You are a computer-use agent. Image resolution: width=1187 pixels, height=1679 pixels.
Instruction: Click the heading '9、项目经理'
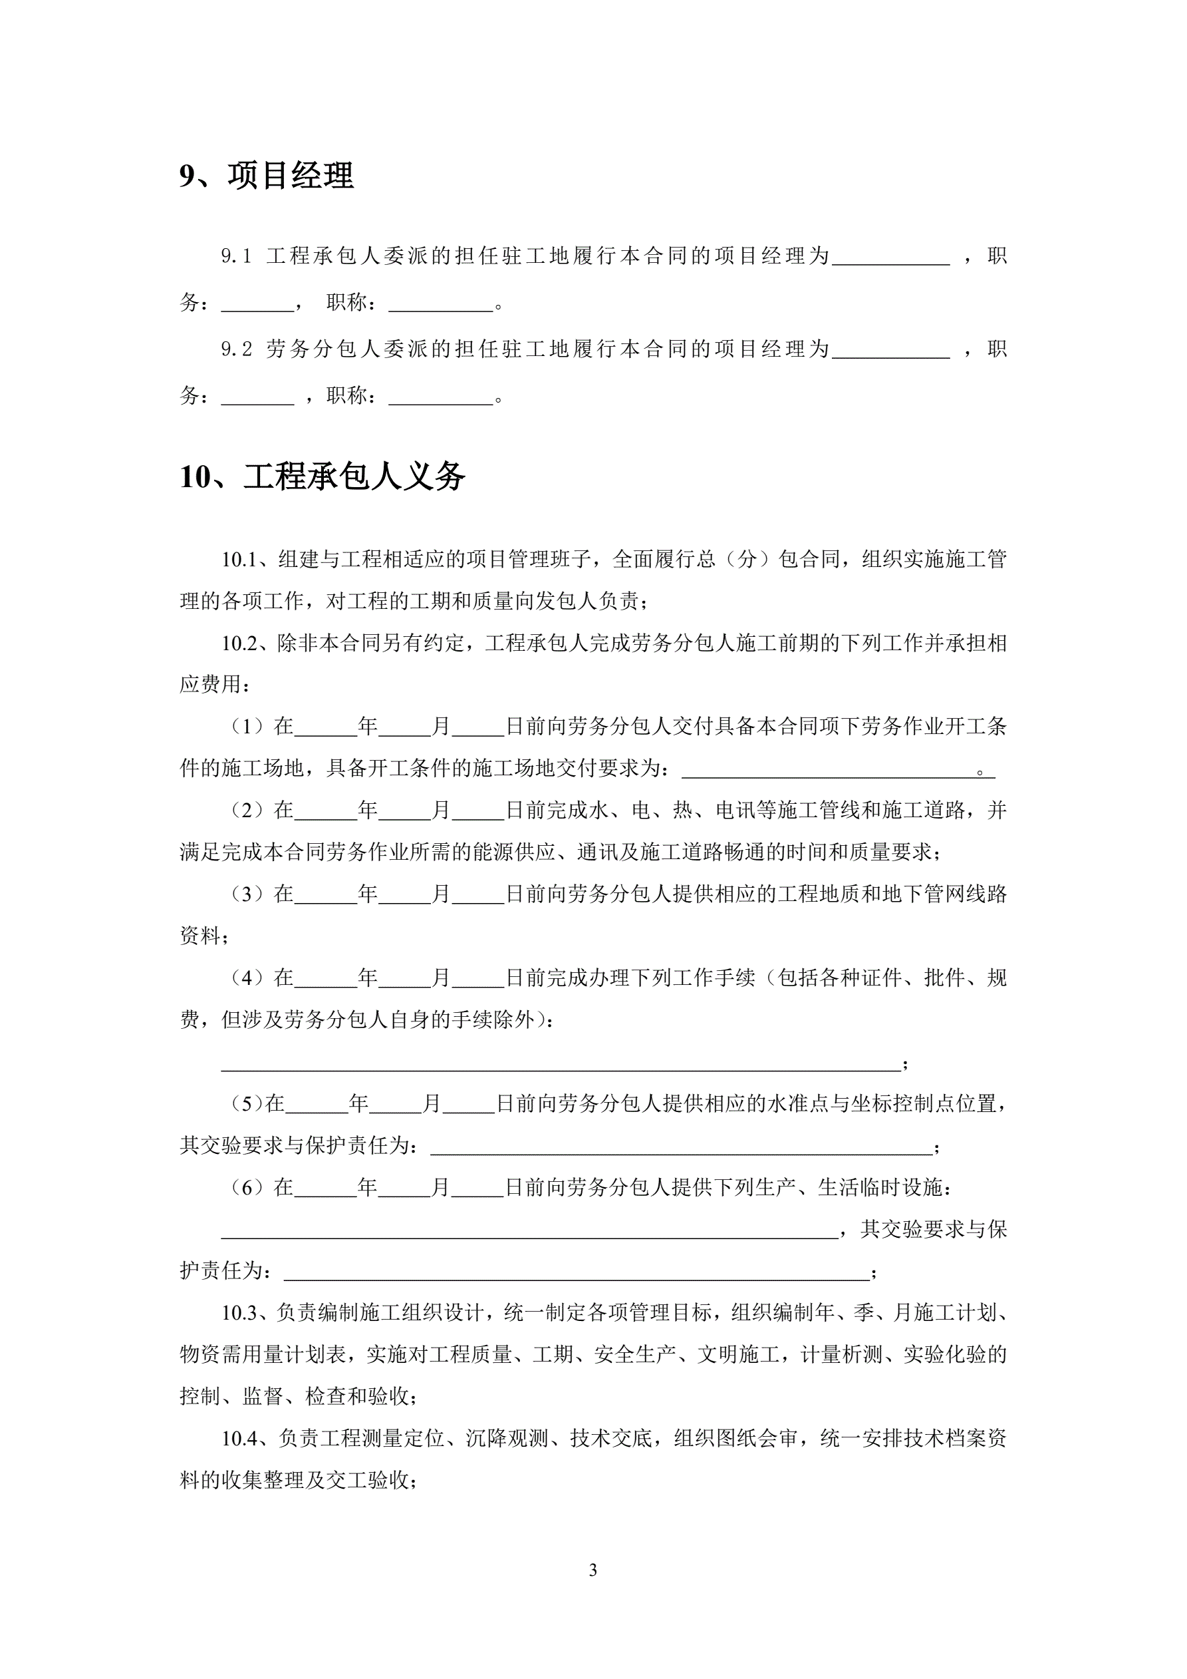pos(266,176)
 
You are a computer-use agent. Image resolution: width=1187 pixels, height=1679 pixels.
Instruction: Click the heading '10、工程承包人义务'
pos(322,476)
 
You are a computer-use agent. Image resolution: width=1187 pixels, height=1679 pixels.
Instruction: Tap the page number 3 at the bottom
pos(593,1569)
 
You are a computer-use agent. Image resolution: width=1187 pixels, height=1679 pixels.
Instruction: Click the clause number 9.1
pos(236,256)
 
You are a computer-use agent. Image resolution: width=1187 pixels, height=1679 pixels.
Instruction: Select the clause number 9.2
pos(236,349)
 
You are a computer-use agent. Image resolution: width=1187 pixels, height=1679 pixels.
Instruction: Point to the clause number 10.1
pos(241,560)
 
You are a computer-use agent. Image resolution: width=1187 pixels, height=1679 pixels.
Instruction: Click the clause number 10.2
pos(241,644)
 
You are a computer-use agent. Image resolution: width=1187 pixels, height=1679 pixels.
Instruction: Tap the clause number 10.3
pos(241,1312)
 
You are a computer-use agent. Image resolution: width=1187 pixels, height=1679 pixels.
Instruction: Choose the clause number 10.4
pos(241,1438)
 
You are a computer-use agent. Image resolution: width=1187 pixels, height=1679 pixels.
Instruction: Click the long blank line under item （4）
pos(561,1063)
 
